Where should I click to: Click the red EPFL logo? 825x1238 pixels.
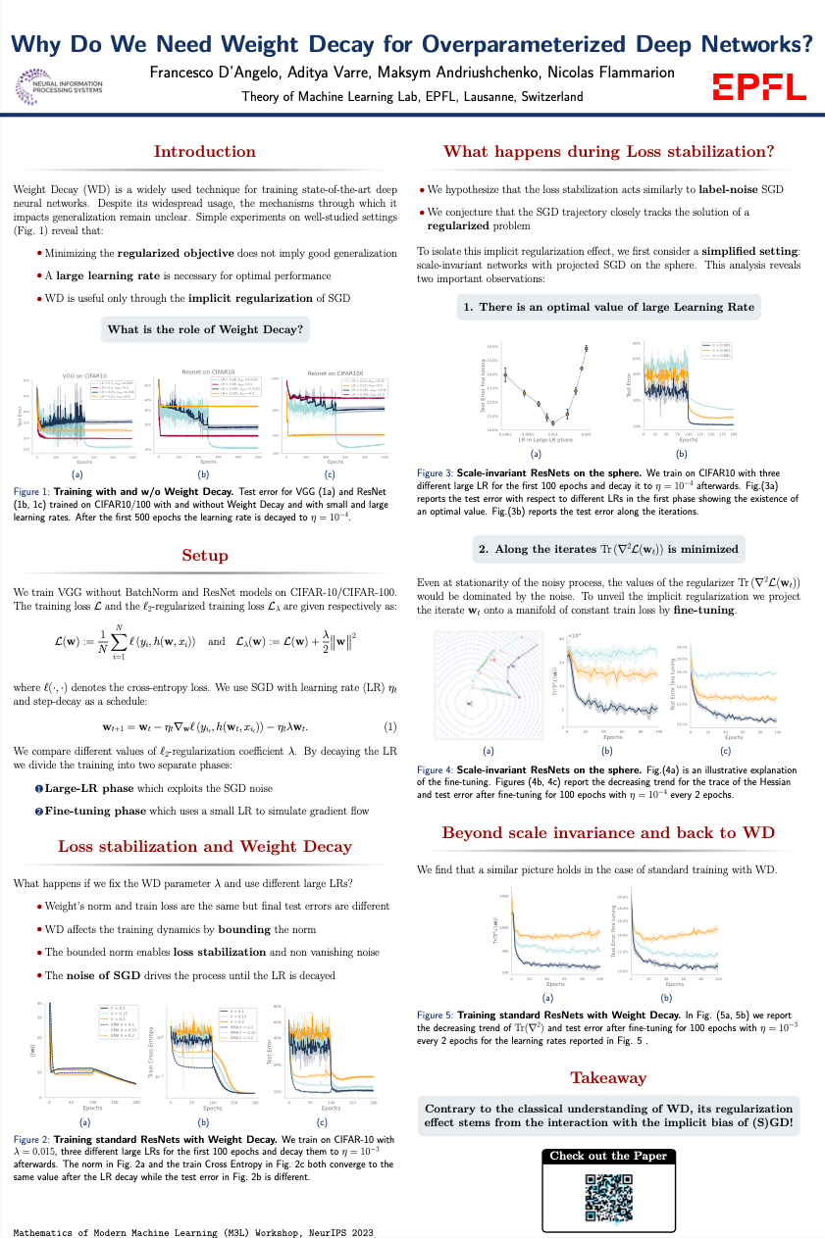pos(758,85)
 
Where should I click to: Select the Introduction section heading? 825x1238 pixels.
pos(205,151)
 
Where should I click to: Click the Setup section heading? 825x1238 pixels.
pos(205,556)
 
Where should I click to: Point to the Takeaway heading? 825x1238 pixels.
pos(608,1077)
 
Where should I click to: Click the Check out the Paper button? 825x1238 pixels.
pos(608,1156)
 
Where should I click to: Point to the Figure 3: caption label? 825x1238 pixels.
pos(434,470)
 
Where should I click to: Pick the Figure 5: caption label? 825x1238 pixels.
pos(434,1015)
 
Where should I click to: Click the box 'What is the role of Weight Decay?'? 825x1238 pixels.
pos(205,327)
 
